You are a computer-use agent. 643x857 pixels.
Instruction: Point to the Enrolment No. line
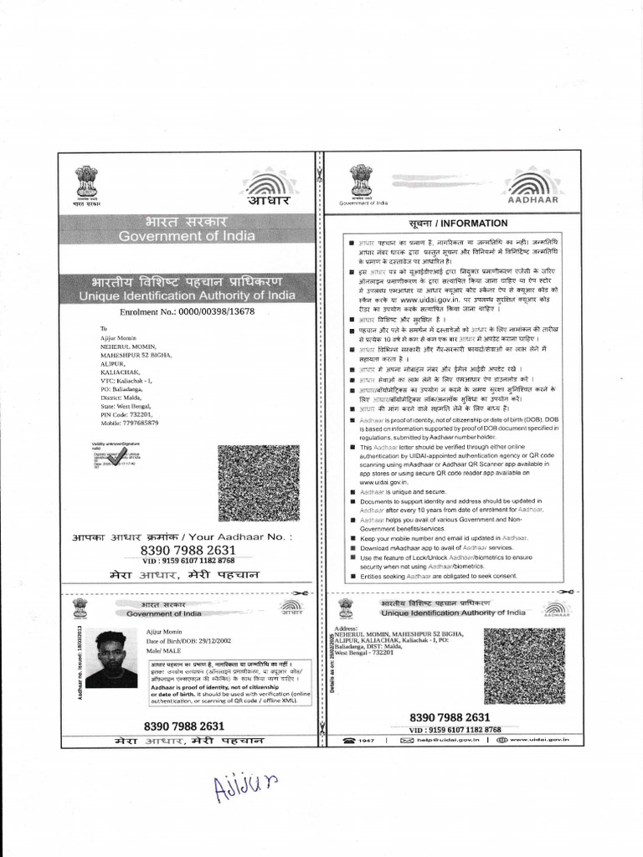(x=188, y=311)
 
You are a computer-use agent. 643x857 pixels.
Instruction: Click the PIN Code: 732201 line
(x=127, y=414)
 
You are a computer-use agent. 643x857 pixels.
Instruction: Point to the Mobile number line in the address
(x=129, y=423)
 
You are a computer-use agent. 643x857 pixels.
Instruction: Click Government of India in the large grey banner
(x=187, y=236)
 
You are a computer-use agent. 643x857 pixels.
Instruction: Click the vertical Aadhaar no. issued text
(x=80, y=661)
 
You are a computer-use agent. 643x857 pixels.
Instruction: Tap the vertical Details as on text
(x=332, y=662)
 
